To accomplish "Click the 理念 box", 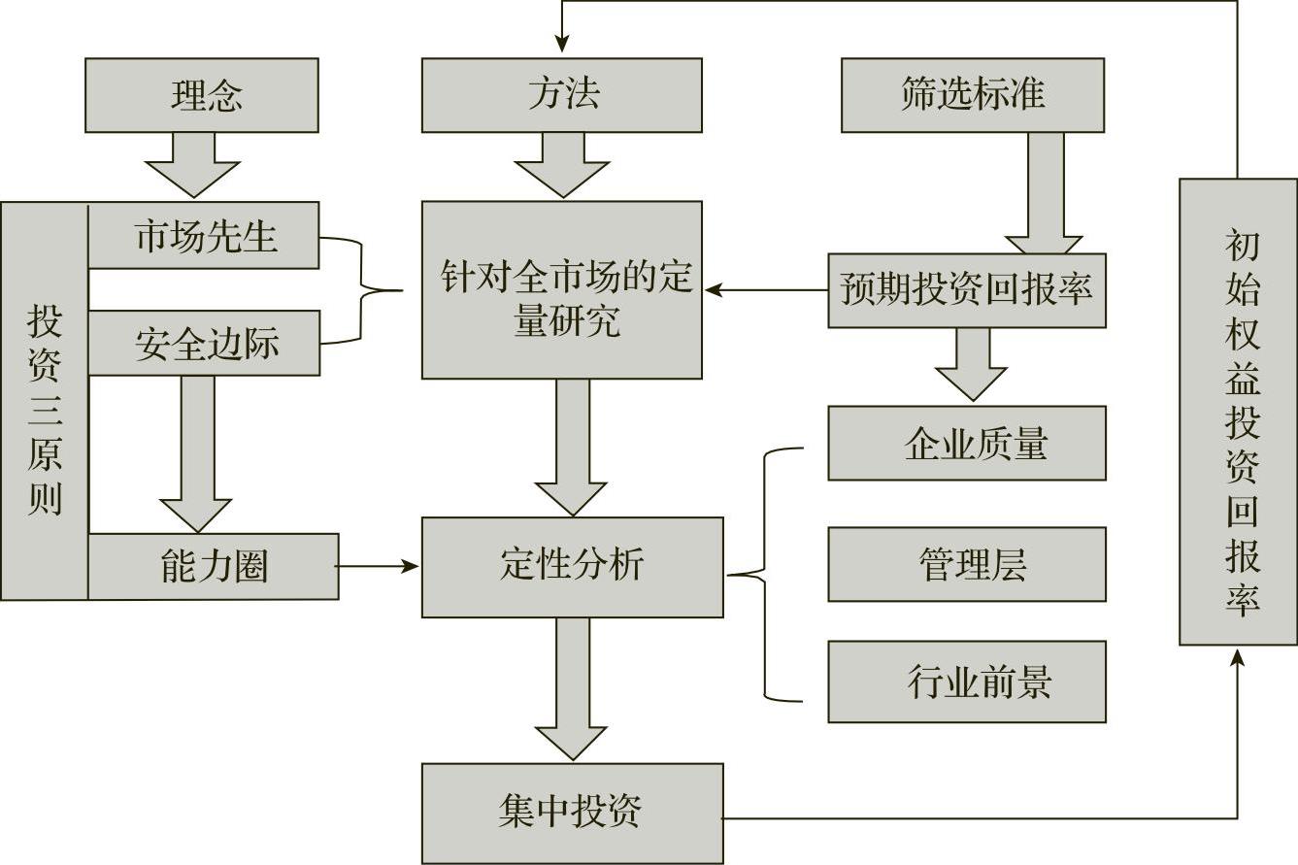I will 201,95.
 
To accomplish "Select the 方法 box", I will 561,95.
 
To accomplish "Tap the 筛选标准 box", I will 972,95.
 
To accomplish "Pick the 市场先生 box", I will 204,236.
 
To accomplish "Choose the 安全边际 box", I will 204,344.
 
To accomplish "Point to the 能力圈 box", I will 214,566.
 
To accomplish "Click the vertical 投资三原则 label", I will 45,408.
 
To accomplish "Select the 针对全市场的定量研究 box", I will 561,289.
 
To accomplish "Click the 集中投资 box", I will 572,813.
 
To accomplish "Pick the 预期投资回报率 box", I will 966,290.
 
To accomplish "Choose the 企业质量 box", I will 966,444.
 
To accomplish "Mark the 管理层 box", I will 966,564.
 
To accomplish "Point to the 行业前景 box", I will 966,682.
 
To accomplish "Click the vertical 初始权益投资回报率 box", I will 1238,412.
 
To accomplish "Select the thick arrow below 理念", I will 191,163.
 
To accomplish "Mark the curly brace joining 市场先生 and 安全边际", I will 364,289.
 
